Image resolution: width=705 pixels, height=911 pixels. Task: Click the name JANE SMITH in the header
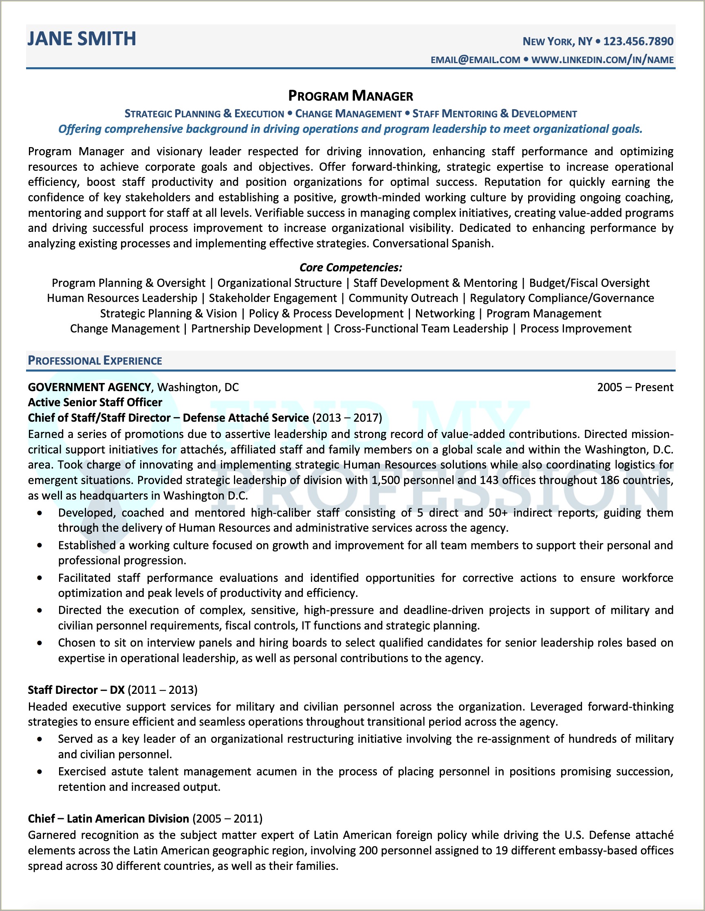pyautogui.click(x=82, y=39)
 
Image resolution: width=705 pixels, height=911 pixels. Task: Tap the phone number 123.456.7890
pyautogui.click(x=638, y=41)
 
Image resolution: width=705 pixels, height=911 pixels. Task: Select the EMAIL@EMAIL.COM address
pyautogui.click(x=475, y=60)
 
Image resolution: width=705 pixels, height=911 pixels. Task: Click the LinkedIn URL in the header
pyautogui.click(x=602, y=60)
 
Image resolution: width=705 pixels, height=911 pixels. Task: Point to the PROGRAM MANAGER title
pyautogui.click(x=350, y=96)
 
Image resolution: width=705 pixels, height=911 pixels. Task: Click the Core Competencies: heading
pyautogui.click(x=350, y=267)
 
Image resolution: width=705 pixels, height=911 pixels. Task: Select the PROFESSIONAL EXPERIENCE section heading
pyautogui.click(x=95, y=361)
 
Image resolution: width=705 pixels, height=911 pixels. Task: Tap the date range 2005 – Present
pyautogui.click(x=635, y=387)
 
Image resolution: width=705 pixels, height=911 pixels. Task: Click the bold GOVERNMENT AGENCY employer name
pyautogui.click(x=89, y=387)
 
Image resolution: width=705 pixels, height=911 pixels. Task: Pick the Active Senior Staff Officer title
pyautogui.click(x=95, y=402)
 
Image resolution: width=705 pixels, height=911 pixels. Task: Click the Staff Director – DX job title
pyautogui.click(x=76, y=690)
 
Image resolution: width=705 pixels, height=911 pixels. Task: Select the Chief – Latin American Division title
pyautogui.click(x=108, y=819)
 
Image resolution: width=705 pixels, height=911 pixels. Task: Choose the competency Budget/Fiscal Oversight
pyautogui.click(x=589, y=283)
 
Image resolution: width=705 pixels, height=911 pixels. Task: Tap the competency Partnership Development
pyautogui.click(x=257, y=329)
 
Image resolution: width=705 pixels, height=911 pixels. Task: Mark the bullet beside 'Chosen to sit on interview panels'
pyautogui.click(x=40, y=643)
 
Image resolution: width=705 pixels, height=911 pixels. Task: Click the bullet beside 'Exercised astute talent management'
pyautogui.click(x=40, y=772)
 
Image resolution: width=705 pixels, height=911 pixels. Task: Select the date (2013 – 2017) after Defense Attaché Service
pyautogui.click(x=347, y=418)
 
